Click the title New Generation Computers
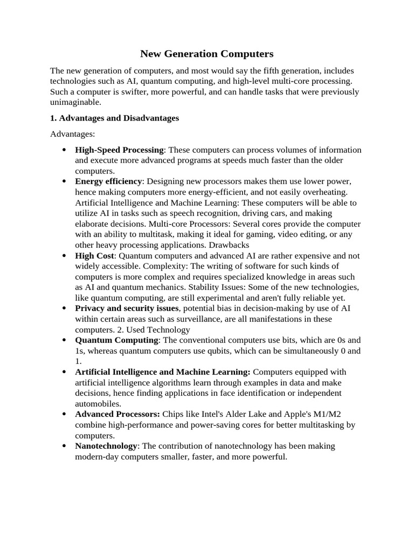point(207,53)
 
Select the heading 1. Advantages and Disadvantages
point(114,118)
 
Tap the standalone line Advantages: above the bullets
point(72,133)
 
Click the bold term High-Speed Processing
point(119,150)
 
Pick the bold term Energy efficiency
point(108,181)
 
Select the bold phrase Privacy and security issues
point(127,308)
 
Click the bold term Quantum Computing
point(116,340)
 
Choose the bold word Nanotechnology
point(106,446)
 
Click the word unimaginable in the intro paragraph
point(75,102)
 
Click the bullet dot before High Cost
point(65,256)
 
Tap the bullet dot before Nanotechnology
point(65,447)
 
